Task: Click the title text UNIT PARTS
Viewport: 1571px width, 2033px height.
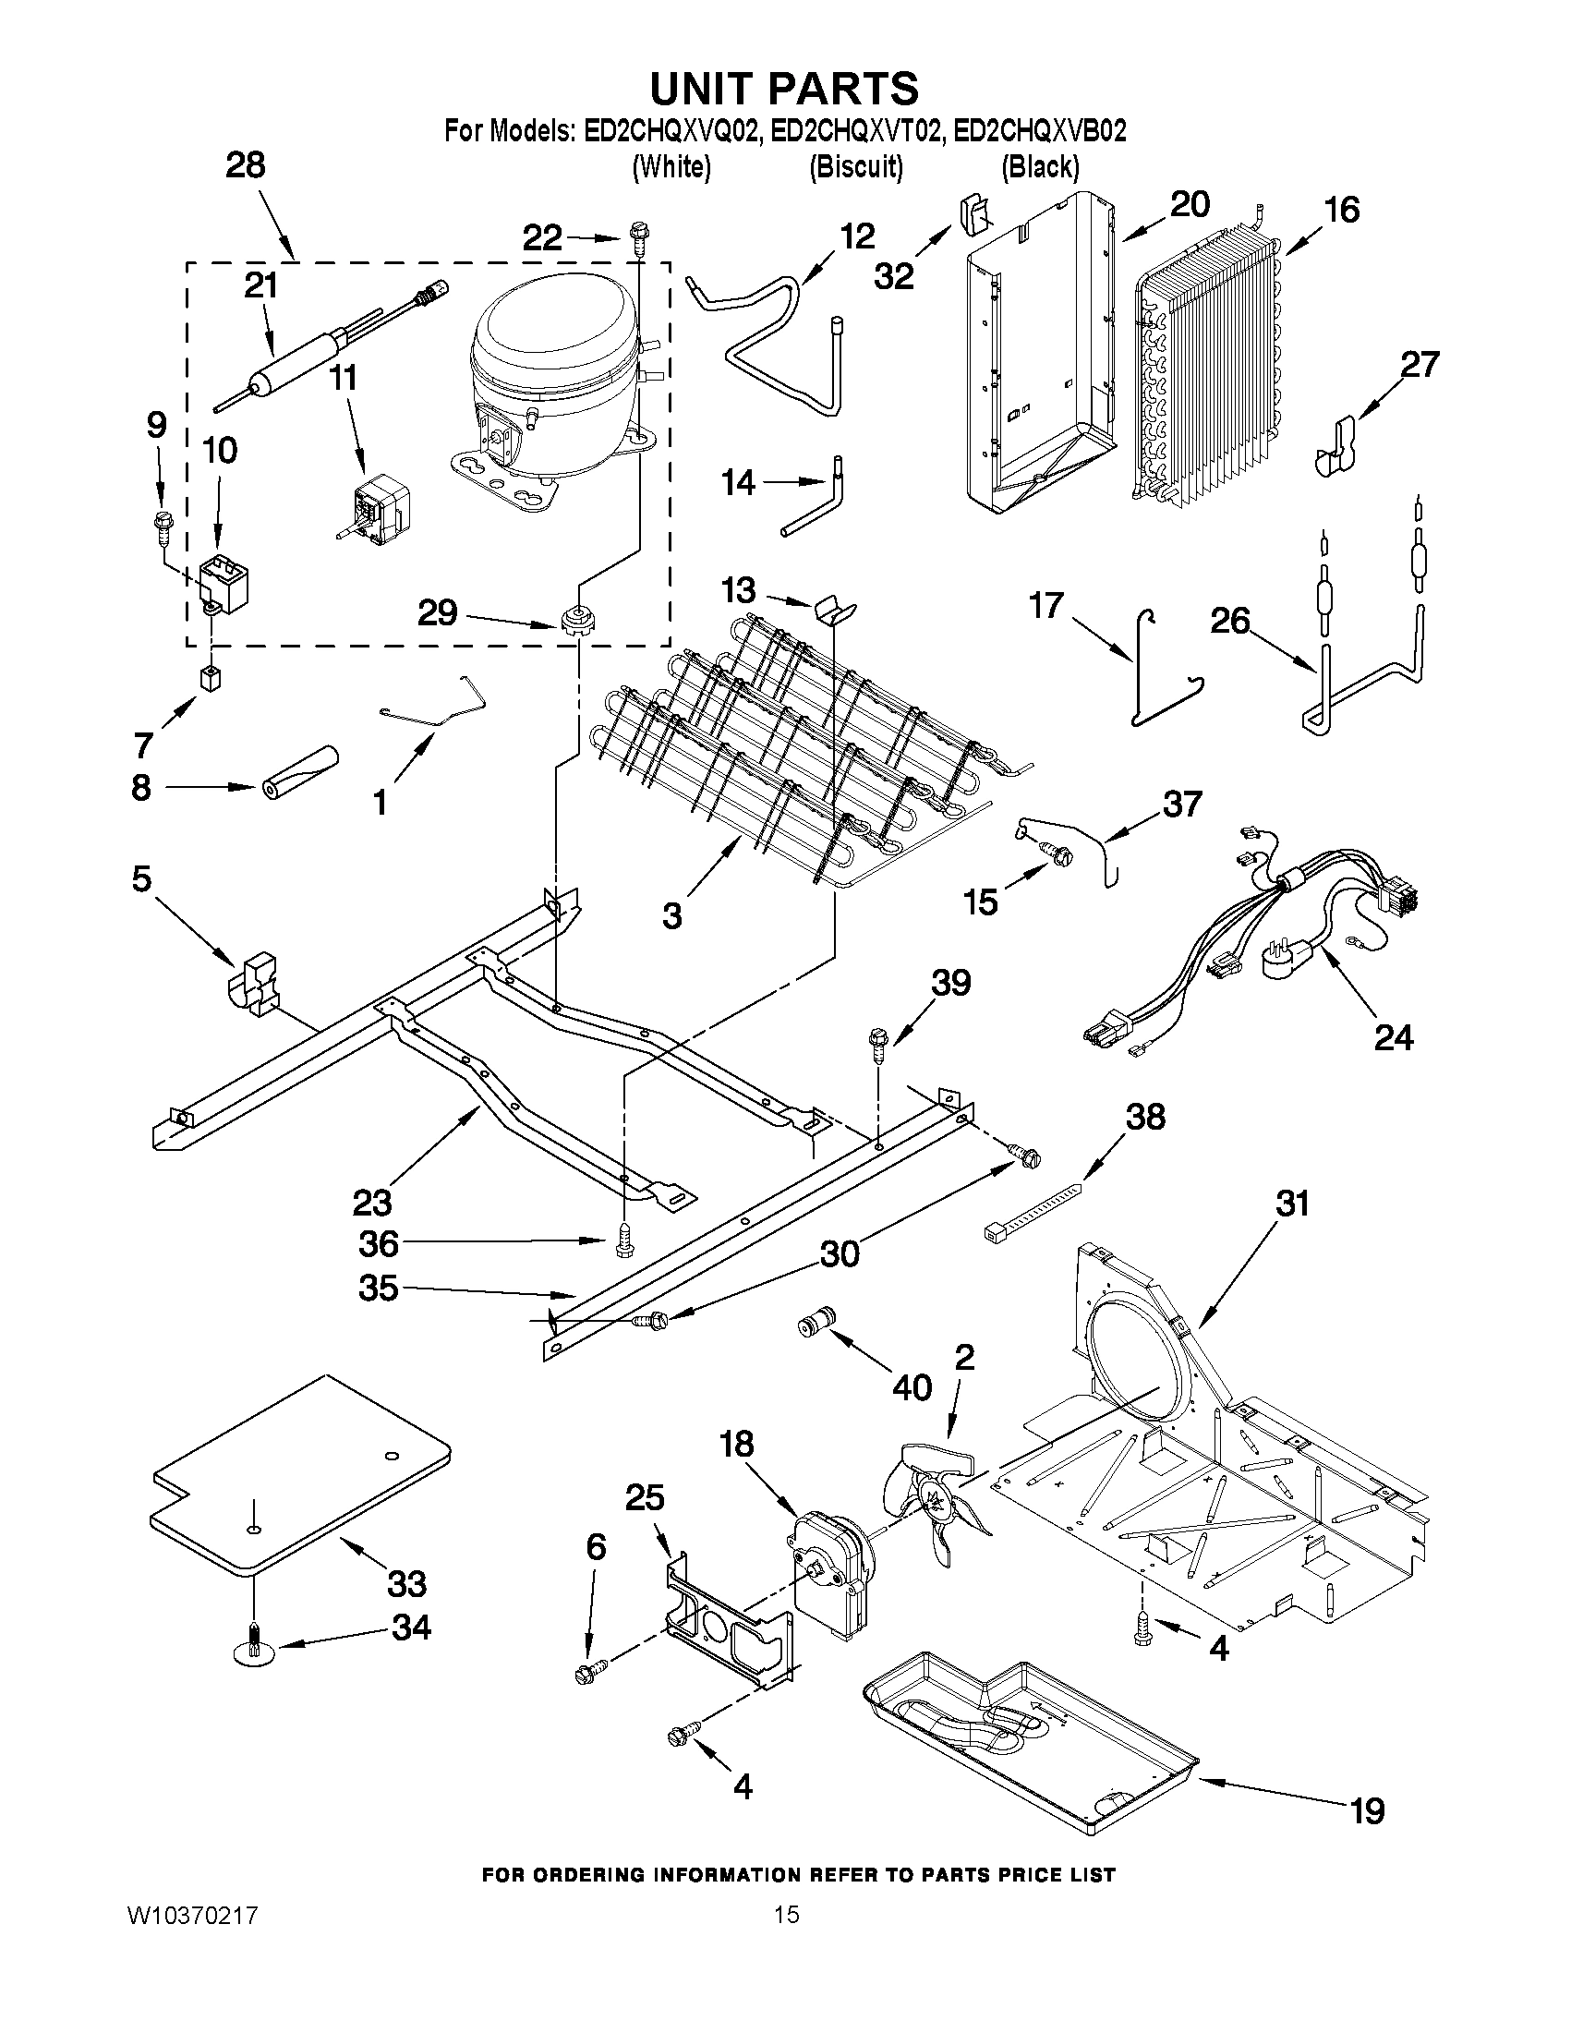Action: click(x=783, y=90)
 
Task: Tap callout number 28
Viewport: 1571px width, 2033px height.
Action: click(x=245, y=165)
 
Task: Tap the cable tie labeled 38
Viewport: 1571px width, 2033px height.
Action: click(x=1033, y=1213)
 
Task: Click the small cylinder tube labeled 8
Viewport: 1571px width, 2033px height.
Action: click(x=298, y=771)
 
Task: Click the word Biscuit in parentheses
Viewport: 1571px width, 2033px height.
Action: click(x=855, y=167)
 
